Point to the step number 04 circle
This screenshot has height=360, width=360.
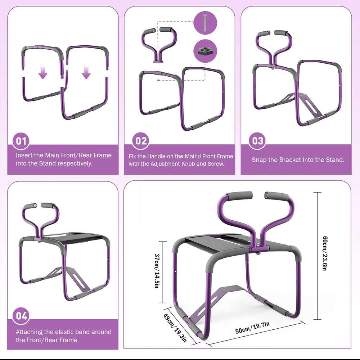[x=22, y=316]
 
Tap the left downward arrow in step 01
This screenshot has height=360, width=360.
[x=43, y=74]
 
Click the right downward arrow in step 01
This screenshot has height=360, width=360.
[x=86, y=74]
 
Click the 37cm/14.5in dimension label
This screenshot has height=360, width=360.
[x=157, y=271]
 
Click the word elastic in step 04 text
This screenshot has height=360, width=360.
[x=59, y=332]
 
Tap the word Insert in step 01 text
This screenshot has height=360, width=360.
[x=24, y=156]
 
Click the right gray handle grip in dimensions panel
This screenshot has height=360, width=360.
[x=276, y=197]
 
